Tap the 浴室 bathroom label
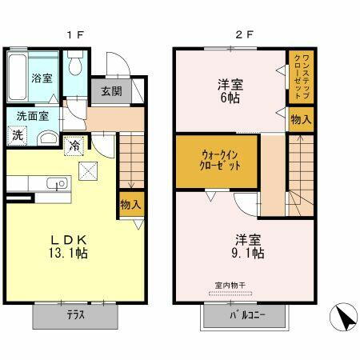pos(42,79)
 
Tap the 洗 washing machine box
pos(18,135)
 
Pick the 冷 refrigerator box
pos(74,146)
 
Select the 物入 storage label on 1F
pos(130,204)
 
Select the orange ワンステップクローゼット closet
pos(300,77)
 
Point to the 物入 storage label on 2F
pos(301,120)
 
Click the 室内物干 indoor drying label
pos(229,286)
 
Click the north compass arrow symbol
pos(345,320)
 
